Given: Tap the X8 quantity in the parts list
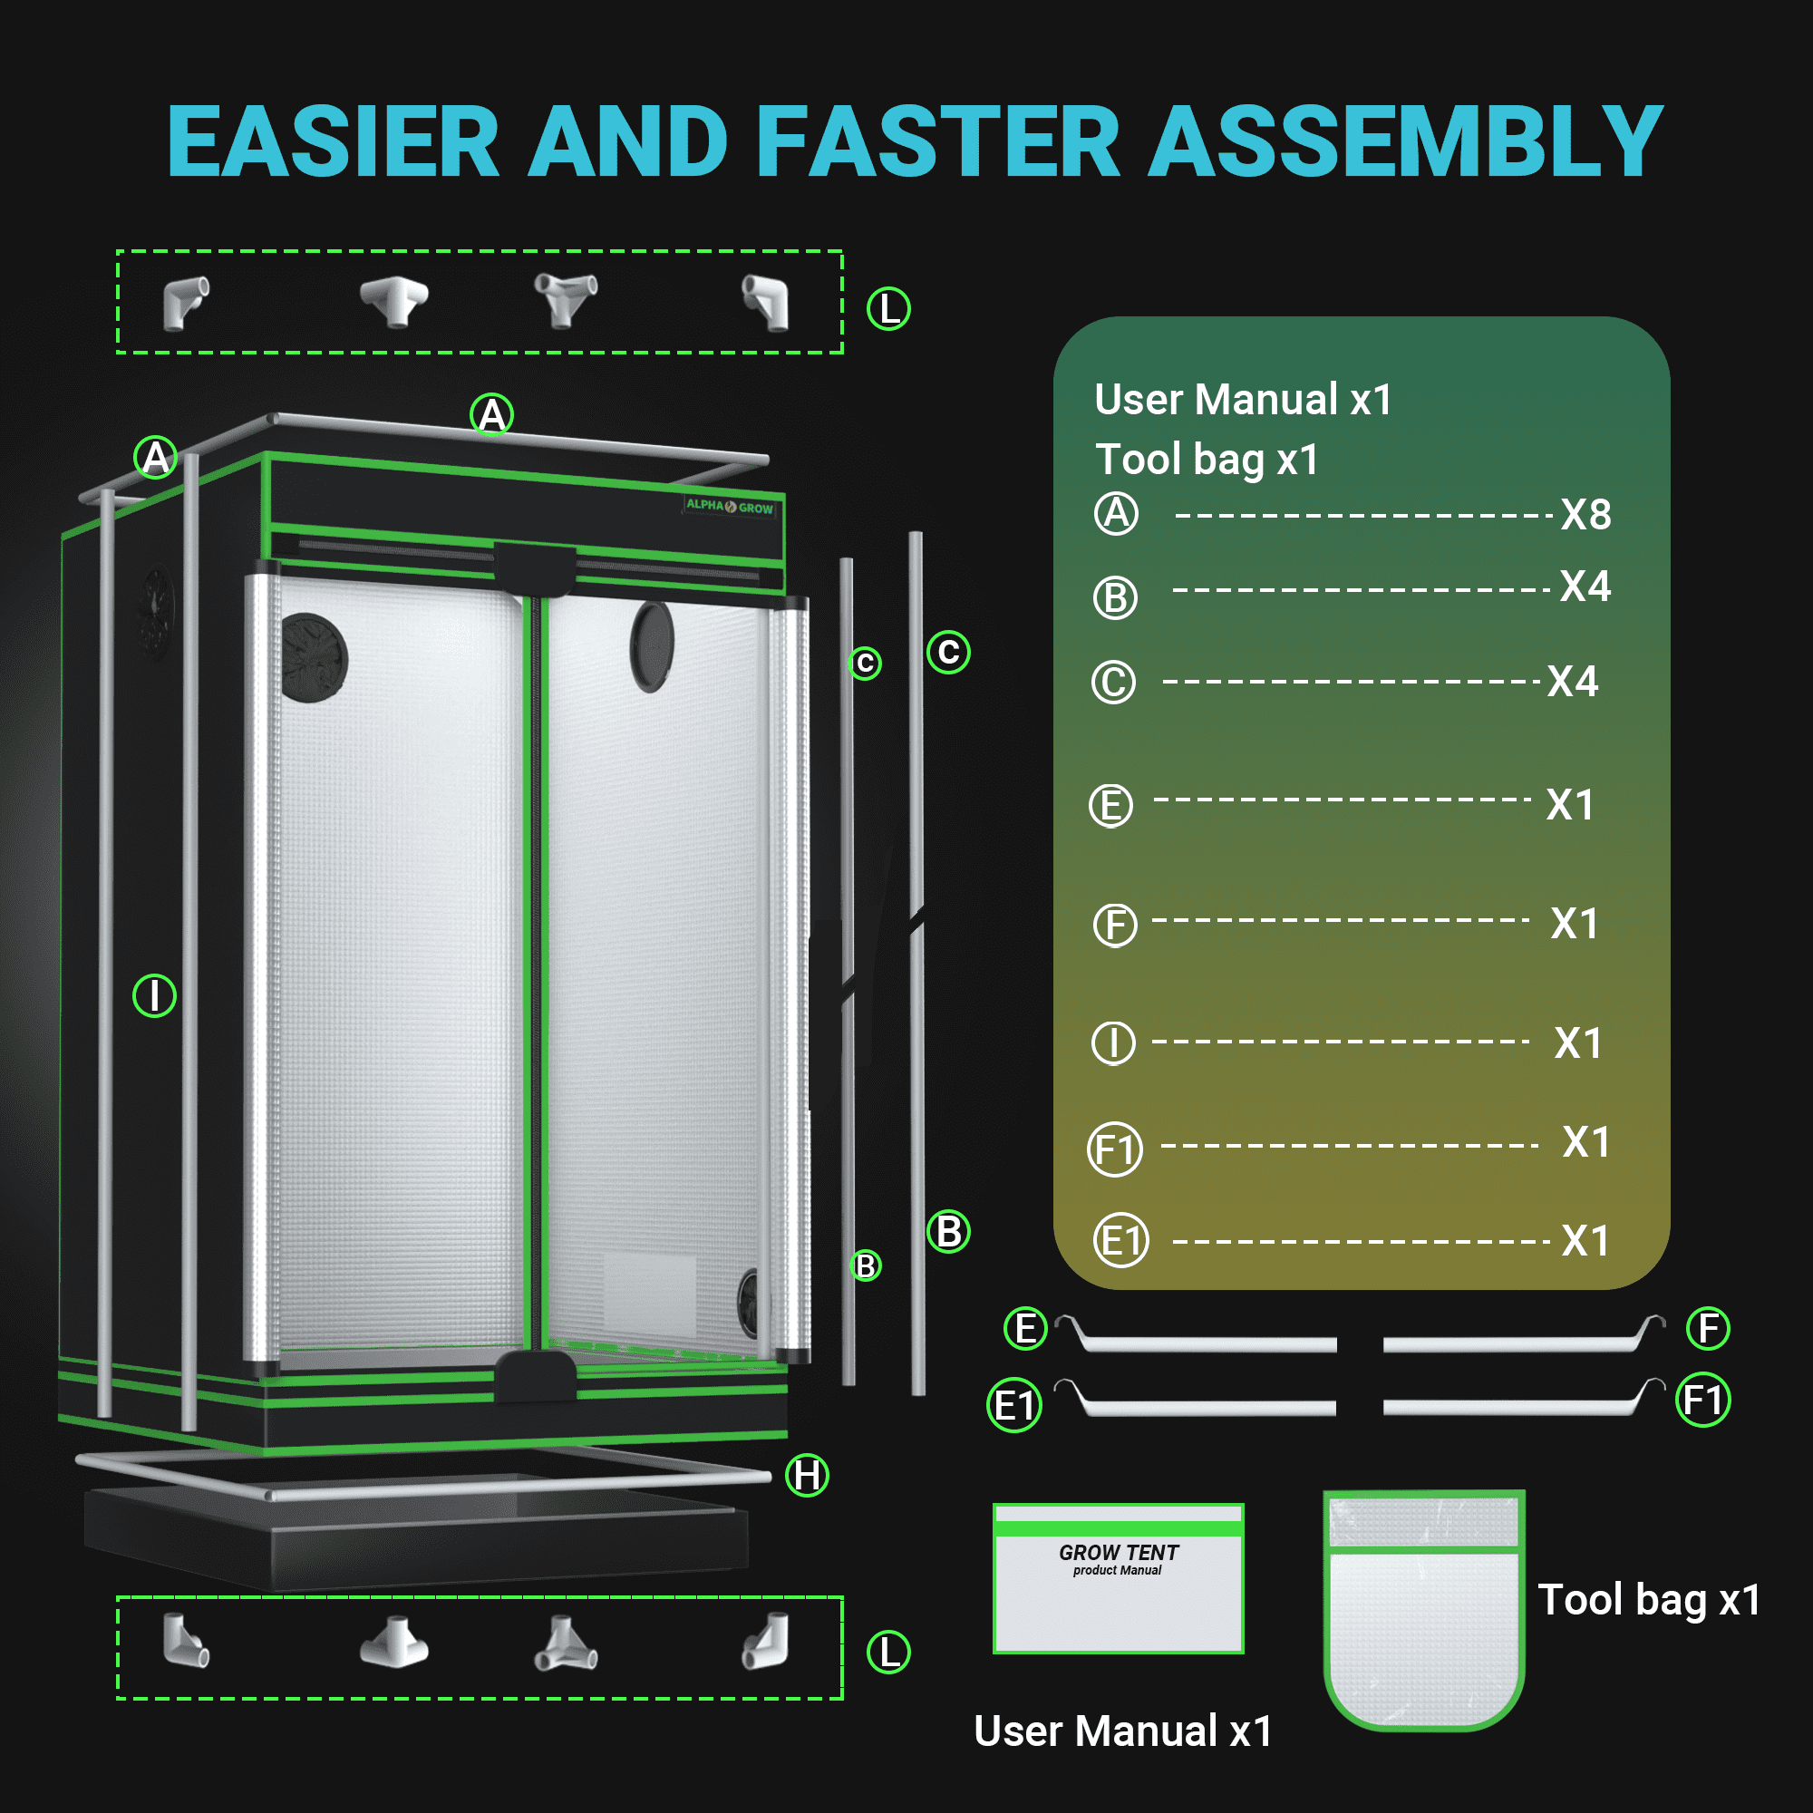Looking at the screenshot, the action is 1585,514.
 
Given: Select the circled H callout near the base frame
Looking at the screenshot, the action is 807,1475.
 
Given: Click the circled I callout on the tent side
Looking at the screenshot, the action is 155,995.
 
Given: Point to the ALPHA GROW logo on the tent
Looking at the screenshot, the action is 730,507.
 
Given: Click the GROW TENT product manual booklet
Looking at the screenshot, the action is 1119,1578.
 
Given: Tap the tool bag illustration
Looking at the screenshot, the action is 1423,1609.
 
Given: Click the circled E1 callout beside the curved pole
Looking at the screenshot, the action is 1014,1406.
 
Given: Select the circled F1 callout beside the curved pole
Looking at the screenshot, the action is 1703,1401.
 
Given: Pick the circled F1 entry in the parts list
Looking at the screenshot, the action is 1115,1149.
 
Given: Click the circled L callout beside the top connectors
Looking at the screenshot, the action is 887,309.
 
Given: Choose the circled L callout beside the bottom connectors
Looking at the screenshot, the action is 887,1653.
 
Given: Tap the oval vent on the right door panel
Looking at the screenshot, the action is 652,646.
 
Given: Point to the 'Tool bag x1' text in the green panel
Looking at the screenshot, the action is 1207,461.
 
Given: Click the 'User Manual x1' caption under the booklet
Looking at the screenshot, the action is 1123,1731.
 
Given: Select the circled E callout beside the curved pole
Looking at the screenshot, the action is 1025,1329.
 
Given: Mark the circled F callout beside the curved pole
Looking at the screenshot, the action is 1708,1329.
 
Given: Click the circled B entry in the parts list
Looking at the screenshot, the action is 1115,597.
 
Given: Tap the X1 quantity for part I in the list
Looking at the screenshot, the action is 1577,1043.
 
